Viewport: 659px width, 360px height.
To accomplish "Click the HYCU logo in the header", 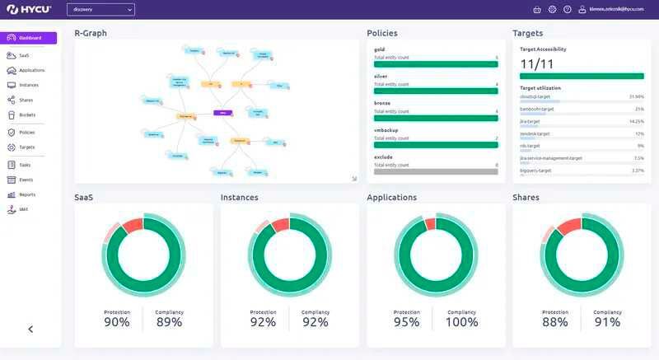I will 30,9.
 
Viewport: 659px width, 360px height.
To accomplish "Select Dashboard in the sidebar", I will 30,38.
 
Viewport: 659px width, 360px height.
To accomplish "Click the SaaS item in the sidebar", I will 24,55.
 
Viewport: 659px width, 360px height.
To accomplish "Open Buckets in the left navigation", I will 26,115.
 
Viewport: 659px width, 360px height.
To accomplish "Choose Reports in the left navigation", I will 26,194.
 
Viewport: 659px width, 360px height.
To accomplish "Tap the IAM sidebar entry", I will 24,210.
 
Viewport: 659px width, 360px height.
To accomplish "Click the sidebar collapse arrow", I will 30,329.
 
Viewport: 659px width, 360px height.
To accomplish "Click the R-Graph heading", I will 91,33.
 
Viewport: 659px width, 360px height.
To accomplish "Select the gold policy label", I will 380,49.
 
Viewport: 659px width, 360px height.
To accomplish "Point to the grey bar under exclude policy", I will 436,171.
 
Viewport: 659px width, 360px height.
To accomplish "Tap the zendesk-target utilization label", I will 535,133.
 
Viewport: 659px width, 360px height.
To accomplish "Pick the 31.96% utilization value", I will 636,96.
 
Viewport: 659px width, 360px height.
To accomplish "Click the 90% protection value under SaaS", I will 117,322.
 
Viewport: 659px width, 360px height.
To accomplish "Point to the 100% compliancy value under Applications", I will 460,322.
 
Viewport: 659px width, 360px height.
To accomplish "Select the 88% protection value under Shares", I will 554,322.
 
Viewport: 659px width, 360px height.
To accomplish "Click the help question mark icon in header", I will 568,9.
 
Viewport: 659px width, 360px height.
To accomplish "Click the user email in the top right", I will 615,9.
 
